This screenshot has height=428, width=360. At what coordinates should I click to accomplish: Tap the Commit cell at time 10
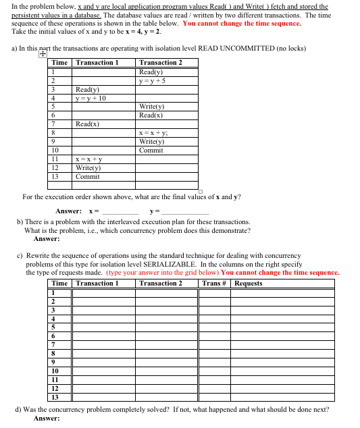point(151,151)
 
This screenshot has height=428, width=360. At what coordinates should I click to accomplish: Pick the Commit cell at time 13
point(88,177)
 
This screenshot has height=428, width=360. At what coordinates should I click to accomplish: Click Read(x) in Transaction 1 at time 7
point(88,124)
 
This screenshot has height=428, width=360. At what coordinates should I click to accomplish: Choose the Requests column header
point(249,284)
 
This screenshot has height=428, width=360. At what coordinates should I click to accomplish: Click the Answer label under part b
point(47,238)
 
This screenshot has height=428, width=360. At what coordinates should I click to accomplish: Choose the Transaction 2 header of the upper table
point(161,63)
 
